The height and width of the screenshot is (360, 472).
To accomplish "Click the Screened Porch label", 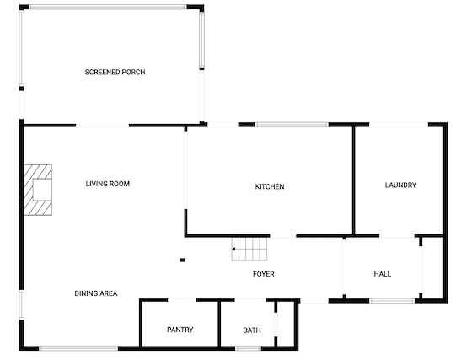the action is (115, 72).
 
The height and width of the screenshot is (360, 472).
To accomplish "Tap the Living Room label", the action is (108, 184).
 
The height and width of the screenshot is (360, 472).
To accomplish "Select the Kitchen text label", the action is (270, 186).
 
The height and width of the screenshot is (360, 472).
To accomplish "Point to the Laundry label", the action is (400, 185).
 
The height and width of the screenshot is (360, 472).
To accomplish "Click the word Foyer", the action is (263, 274).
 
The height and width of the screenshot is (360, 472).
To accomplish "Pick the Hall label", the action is (383, 274).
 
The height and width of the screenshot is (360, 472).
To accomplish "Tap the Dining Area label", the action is (96, 293).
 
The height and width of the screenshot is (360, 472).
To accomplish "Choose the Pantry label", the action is (180, 330).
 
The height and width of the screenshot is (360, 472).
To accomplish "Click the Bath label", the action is (252, 330).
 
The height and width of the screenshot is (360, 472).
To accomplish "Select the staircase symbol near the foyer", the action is (249, 249).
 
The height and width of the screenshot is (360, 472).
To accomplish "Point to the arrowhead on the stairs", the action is (234, 249).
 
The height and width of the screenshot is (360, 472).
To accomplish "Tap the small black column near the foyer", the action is (183, 260).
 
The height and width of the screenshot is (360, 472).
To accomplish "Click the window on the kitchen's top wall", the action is (292, 124).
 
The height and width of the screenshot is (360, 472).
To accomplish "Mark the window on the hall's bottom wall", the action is (392, 300).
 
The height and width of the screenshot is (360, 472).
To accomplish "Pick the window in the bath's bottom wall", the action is (249, 348).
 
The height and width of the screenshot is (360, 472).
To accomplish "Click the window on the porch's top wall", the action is (108, 7).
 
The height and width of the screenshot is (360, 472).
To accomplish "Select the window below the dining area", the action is (78, 348).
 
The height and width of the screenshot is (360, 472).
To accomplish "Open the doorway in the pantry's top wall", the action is (182, 300).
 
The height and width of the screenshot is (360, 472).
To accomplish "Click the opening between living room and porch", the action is (102, 126).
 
